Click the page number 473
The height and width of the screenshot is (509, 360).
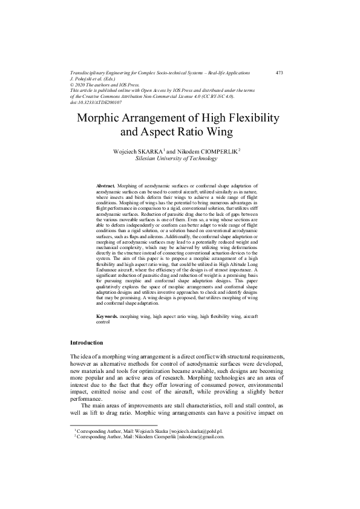tap(279, 73)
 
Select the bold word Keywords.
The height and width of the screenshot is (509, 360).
tap(108, 316)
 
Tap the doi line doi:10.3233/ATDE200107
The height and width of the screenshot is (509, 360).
tap(96, 102)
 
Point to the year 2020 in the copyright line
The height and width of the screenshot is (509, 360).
tap(82, 85)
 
